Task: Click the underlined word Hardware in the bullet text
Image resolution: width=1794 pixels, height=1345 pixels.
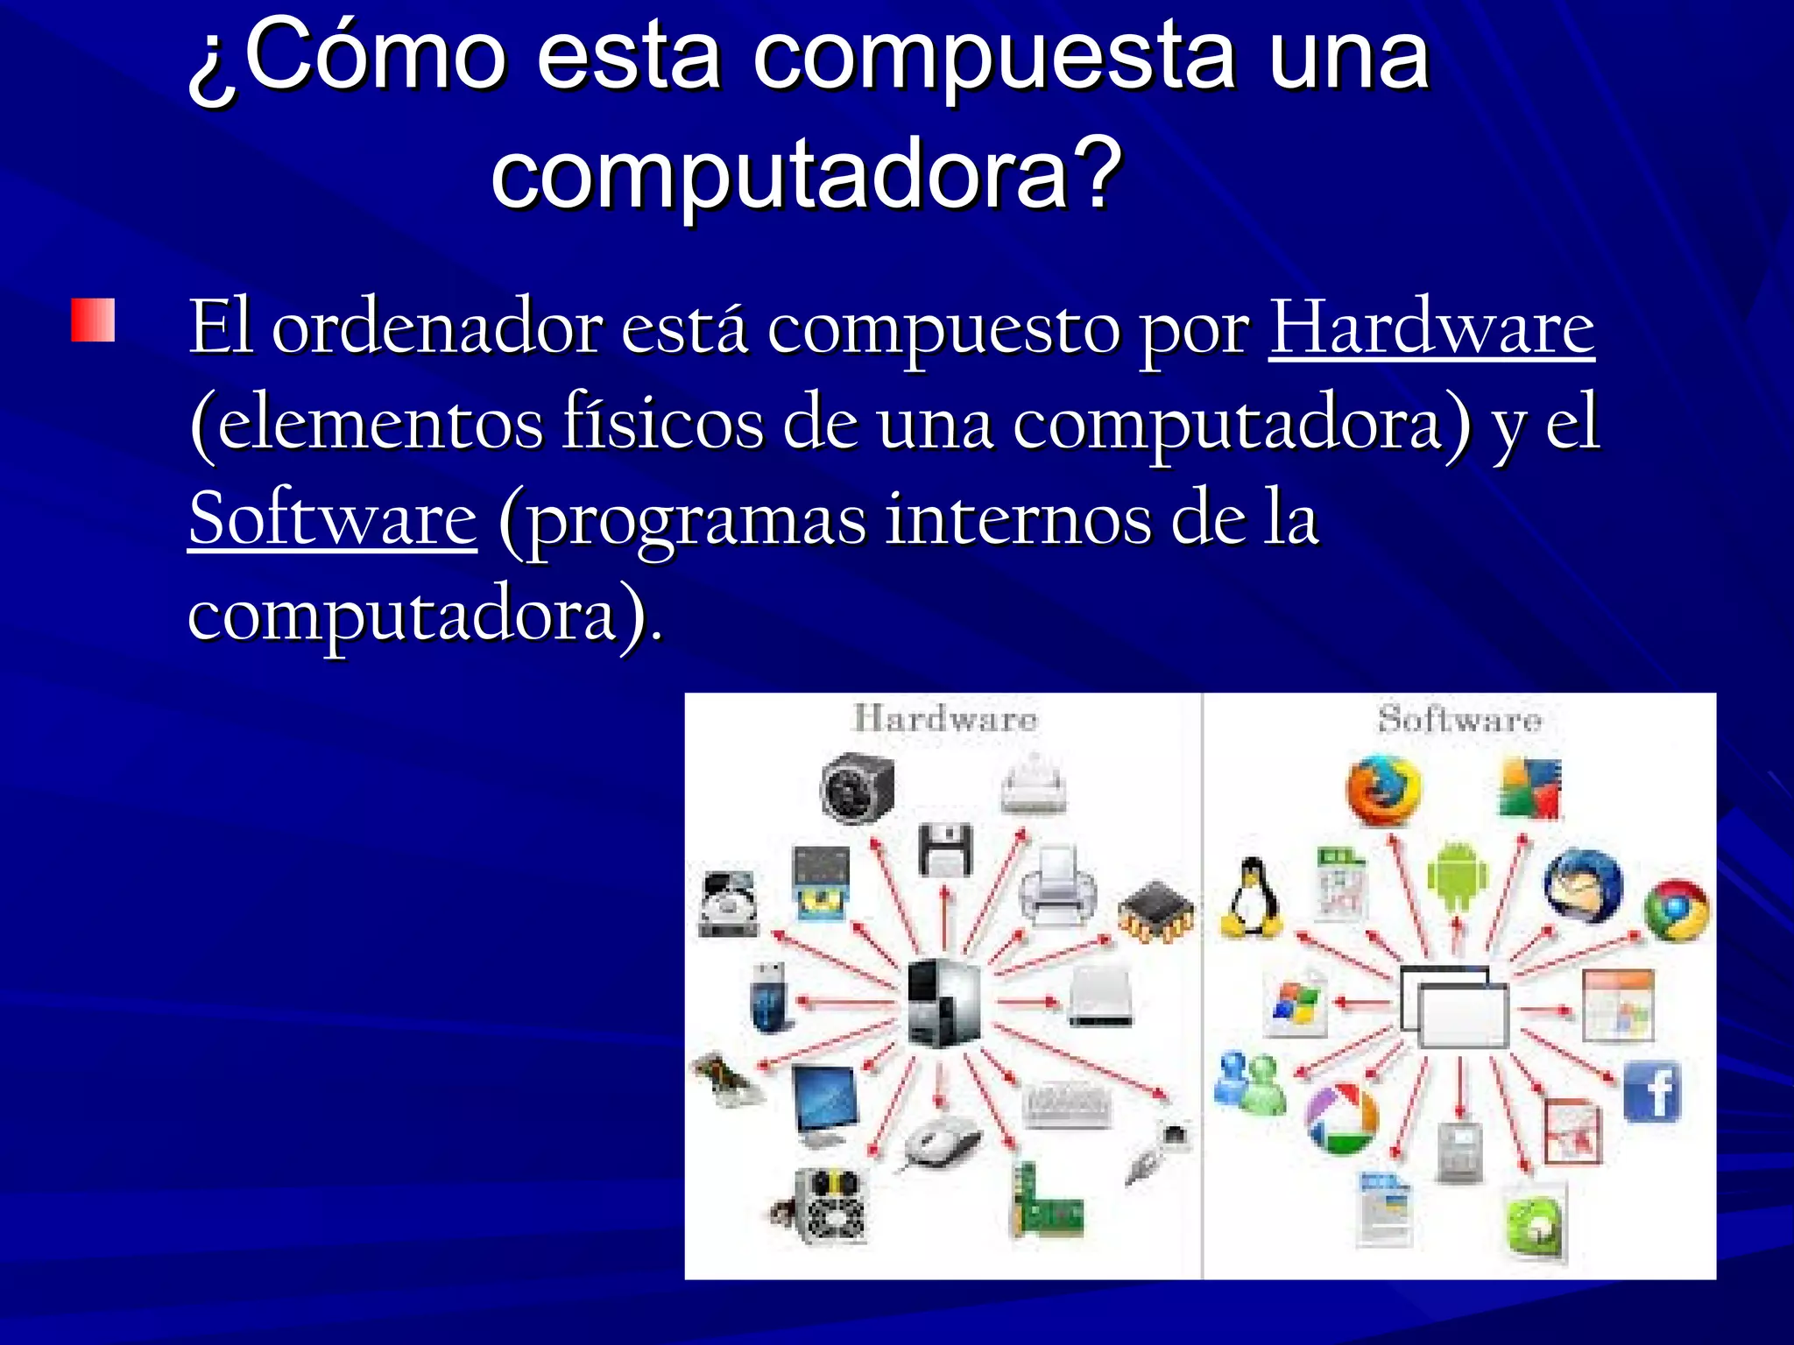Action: coord(1431,327)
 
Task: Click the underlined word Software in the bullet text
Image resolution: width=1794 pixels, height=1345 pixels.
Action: coord(332,519)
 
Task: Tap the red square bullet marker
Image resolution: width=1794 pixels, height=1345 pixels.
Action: coord(93,320)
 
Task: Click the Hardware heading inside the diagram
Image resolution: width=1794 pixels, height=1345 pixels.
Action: coord(945,719)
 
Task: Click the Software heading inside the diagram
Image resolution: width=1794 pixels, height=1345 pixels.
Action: coord(1459,719)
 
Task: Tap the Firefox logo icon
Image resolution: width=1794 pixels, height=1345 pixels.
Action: coord(1383,790)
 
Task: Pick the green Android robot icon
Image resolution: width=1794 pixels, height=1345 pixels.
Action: coord(1458,877)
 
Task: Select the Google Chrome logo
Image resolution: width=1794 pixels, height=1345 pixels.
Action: coord(1676,911)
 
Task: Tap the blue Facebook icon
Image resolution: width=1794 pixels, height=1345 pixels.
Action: coord(1653,1091)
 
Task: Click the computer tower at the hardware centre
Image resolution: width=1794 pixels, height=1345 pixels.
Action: coord(943,1002)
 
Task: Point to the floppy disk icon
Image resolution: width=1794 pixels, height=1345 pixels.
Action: coord(945,849)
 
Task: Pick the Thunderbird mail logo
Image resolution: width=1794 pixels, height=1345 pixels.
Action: coord(1582,884)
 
